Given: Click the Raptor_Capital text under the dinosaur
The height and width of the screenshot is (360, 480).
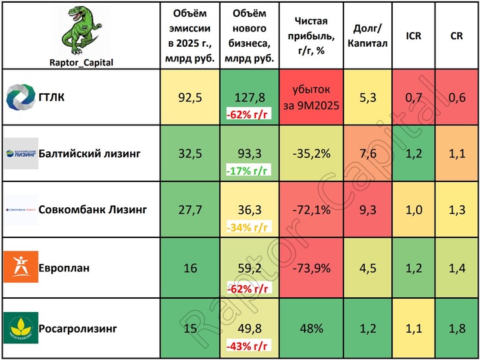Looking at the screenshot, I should coord(81,63).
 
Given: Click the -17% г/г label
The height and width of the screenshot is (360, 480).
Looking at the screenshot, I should coord(248,170).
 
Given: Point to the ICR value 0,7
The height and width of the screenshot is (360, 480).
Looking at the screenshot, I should coord(413,97).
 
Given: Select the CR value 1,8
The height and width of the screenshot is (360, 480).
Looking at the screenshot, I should coord(457,328).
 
